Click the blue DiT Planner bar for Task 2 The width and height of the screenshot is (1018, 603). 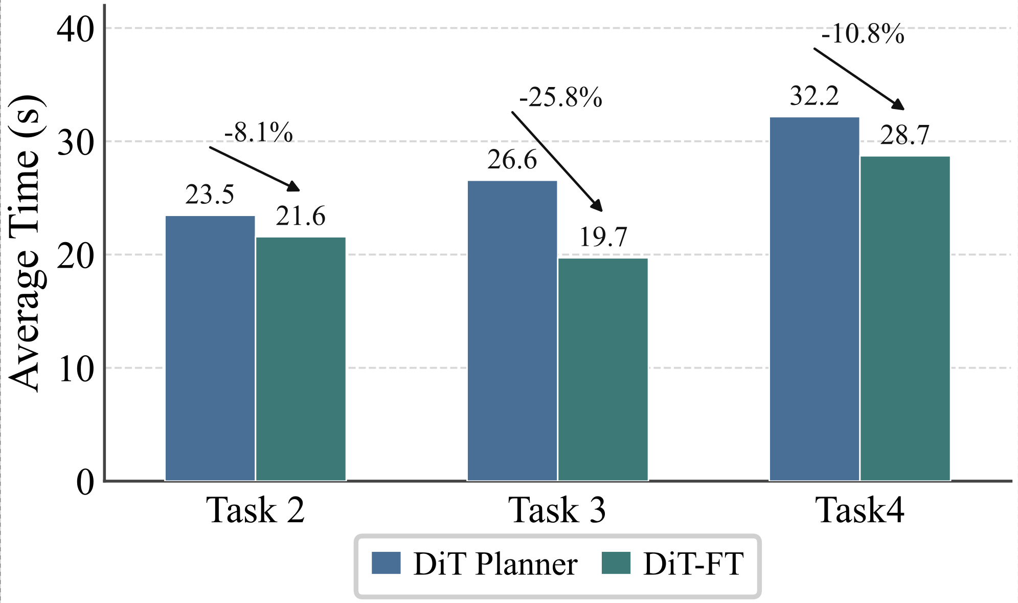pyautogui.click(x=210, y=348)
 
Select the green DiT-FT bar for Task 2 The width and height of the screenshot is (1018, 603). pyautogui.click(x=301, y=358)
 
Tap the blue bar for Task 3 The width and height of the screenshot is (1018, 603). pyautogui.click(x=512, y=331)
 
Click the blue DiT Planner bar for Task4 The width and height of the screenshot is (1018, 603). pyautogui.click(x=815, y=299)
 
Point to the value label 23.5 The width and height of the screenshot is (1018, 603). pyautogui.click(x=210, y=195)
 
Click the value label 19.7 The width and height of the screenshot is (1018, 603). pyautogui.click(x=603, y=237)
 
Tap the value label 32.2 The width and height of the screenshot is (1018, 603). pyautogui.click(x=815, y=96)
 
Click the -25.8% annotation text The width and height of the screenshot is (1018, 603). pyautogui.click(x=561, y=97)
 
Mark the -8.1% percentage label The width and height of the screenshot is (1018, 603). pyautogui.click(x=259, y=133)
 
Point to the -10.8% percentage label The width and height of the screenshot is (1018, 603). pyautogui.click(x=863, y=35)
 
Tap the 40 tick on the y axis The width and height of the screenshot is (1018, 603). pyautogui.click(x=76, y=29)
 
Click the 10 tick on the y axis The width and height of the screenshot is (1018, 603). pyautogui.click(x=76, y=369)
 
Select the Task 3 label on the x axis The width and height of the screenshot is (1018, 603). pyautogui.click(x=557, y=510)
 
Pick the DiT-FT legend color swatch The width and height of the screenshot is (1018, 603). pyautogui.click(x=616, y=563)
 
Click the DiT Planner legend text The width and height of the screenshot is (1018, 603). pyautogui.click(x=495, y=564)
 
